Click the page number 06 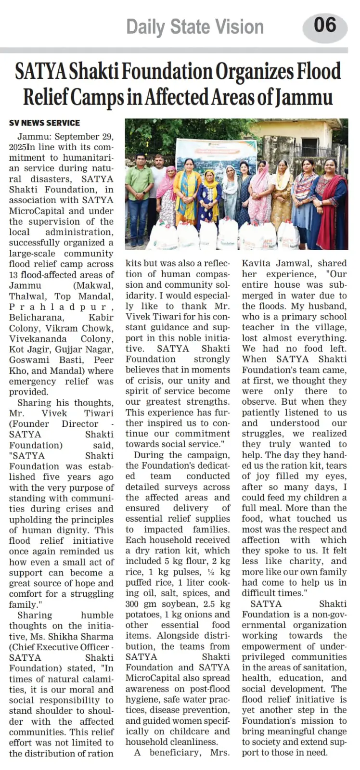[x=325, y=25]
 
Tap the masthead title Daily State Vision [x=195, y=27]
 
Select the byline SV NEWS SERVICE [x=44, y=123]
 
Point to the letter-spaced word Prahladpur [x=61, y=307]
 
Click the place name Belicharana [x=36, y=317]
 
